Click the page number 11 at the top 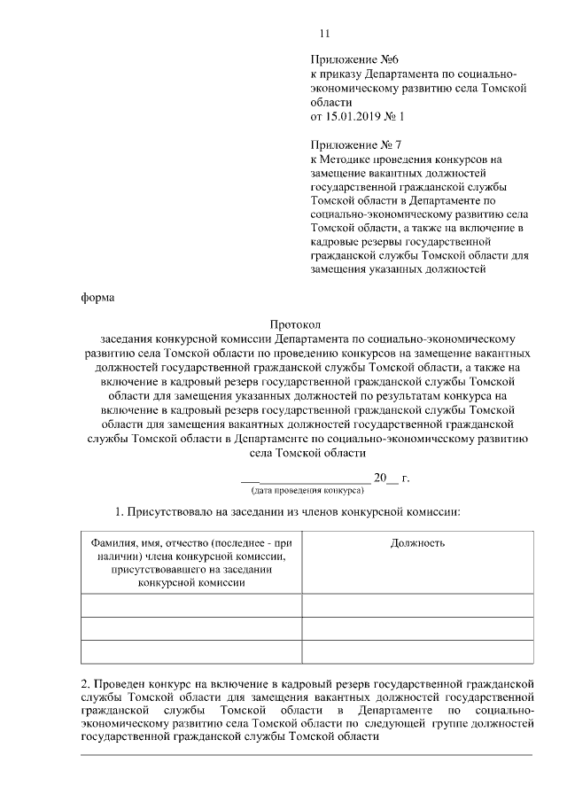pos(323,35)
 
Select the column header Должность pos(417,542)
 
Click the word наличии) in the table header pos(114,556)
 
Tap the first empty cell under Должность pos(417,605)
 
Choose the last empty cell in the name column pos(190,651)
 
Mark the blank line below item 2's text pos(307,753)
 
